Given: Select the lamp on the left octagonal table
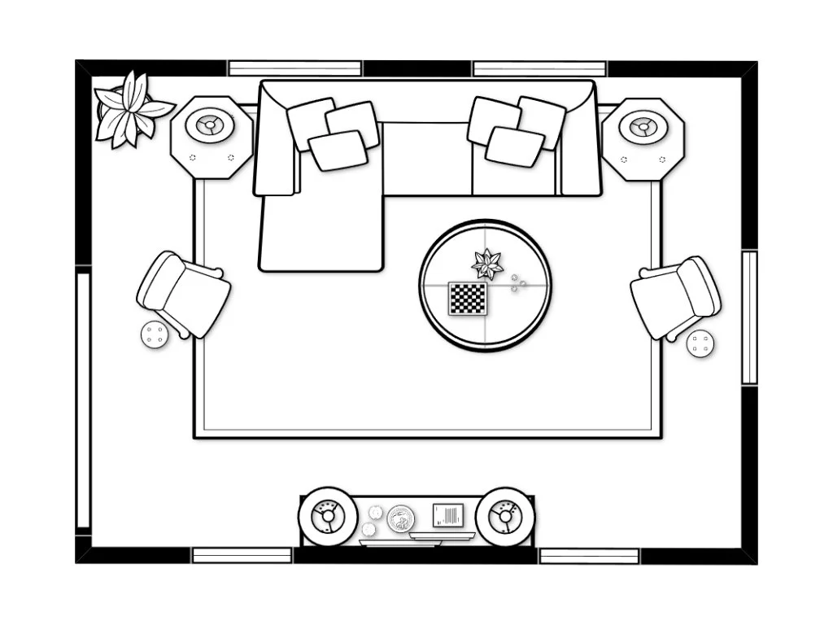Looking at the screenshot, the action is (x=211, y=126).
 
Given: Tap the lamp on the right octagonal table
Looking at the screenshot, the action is (x=643, y=126).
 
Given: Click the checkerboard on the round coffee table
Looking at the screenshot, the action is (x=468, y=299).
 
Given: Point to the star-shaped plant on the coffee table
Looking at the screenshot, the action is (x=486, y=263).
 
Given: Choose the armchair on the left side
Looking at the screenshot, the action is (x=183, y=293).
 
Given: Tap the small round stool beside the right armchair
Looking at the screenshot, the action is (x=700, y=343).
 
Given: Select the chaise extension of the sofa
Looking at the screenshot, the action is (x=321, y=232).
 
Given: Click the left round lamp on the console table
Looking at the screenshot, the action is (x=328, y=516).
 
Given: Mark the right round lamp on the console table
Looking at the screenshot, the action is (x=504, y=516).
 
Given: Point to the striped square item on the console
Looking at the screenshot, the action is (x=447, y=515).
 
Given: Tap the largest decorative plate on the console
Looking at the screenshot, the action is (x=400, y=518).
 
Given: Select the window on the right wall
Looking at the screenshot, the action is (x=749, y=317).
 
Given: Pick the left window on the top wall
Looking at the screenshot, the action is (x=294, y=68).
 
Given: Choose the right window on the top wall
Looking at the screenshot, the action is (x=539, y=68).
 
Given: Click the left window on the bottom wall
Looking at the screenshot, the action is (x=242, y=555).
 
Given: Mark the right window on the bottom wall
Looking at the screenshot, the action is (x=590, y=555).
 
